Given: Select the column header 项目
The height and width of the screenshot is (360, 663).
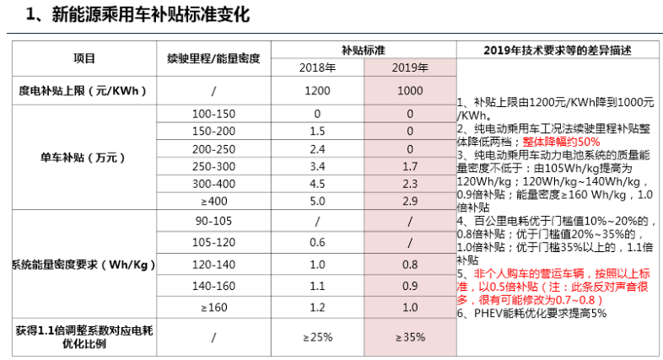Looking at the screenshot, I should (84, 58).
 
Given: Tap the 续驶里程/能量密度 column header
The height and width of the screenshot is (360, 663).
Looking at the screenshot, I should (213, 58).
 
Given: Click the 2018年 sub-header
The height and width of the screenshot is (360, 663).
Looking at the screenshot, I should (317, 67).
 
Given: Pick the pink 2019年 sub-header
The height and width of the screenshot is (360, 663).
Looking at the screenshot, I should (410, 67).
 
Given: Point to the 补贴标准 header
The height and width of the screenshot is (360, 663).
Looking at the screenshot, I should (364, 49).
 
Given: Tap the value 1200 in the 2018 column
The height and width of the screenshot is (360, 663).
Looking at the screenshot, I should (317, 90).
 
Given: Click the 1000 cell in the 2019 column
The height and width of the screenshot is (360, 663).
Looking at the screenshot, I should (410, 90).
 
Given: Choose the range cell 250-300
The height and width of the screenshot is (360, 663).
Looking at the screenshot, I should (213, 166).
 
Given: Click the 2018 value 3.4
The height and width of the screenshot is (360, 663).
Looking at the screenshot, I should (317, 166).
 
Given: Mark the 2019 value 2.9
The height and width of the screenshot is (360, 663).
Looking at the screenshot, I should (410, 201).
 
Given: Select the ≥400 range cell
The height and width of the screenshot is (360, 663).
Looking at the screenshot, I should (213, 201).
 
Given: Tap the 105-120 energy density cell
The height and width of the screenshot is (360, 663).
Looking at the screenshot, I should (213, 242).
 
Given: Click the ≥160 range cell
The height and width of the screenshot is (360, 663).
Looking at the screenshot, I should (213, 307).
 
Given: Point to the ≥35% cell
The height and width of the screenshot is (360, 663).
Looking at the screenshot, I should (410, 337).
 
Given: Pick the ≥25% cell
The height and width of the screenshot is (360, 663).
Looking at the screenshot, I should (317, 337).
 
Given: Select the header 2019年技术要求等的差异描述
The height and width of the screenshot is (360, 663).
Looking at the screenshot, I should (558, 49).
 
